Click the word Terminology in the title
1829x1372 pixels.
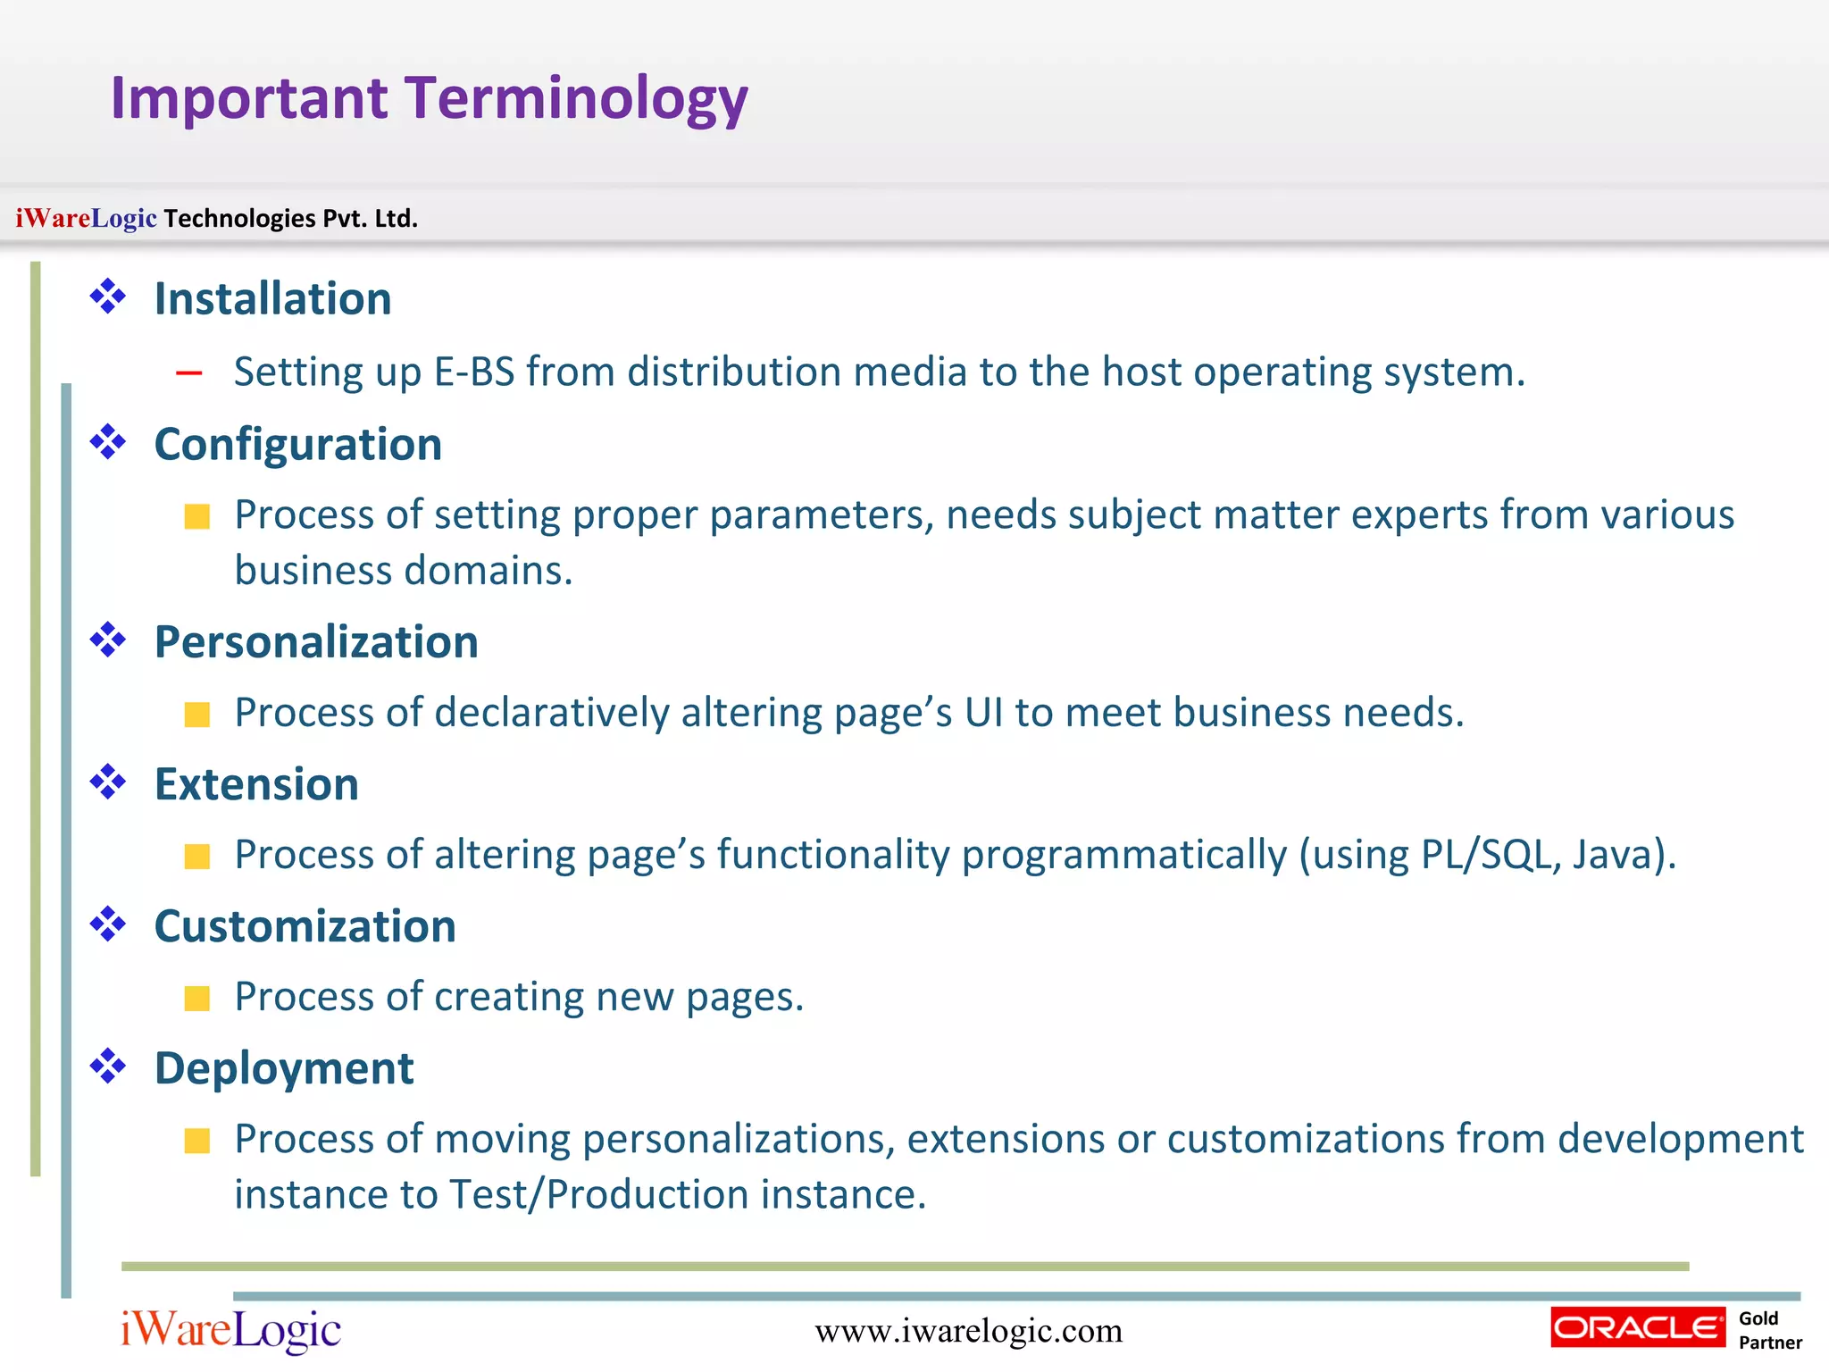[x=576, y=98]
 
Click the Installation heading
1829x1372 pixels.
[x=272, y=298]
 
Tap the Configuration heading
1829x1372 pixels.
[x=297, y=444]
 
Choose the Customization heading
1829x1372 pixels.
[x=305, y=925]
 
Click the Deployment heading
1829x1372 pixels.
[x=283, y=1067]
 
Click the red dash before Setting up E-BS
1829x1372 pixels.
[x=189, y=373]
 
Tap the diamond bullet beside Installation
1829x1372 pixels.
[x=108, y=297]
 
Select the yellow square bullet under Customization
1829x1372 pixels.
[x=196, y=998]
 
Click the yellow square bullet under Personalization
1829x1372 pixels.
[x=196, y=714]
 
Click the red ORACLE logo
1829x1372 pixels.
[x=1637, y=1327]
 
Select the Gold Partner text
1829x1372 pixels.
[x=1768, y=1330]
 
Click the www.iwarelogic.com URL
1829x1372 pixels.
[x=968, y=1331]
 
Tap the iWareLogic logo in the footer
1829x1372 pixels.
[x=230, y=1330]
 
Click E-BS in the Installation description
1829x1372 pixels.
[x=474, y=372]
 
